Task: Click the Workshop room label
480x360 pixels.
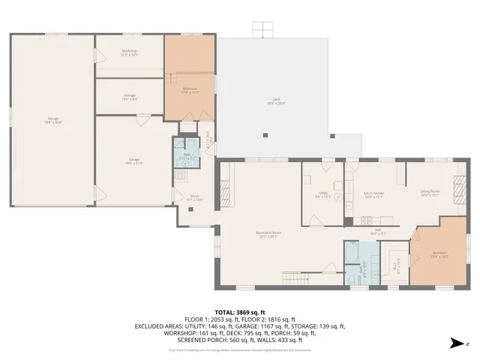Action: pos(130,52)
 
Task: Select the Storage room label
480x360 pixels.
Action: pos(130,97)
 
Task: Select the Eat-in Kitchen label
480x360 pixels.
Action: pos(373,195)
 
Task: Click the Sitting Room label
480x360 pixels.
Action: pos(429,193)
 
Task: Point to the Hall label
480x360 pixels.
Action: pos(379,232)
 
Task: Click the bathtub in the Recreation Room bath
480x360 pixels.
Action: pos(352,253)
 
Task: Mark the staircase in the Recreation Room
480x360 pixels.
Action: pos(292,281)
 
